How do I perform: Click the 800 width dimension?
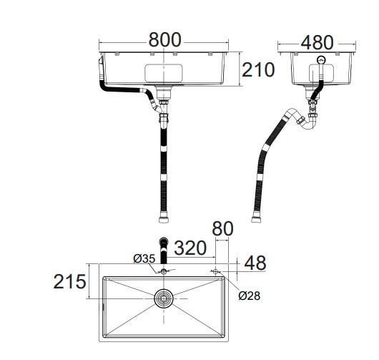(x=164, y=40)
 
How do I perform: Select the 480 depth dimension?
(x=317, y=42)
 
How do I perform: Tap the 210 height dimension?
(x=258, y=69)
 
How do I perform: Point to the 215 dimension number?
(x=69, y=281)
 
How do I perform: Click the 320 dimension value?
(x=190, y=248)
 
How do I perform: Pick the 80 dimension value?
(x=222, y=228)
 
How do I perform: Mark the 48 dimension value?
(x=255, y=263)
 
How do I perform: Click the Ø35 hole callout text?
(x=144, y=259)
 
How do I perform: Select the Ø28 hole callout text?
(x=249, y=296)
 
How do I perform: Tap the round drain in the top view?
(x=164, y=298)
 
